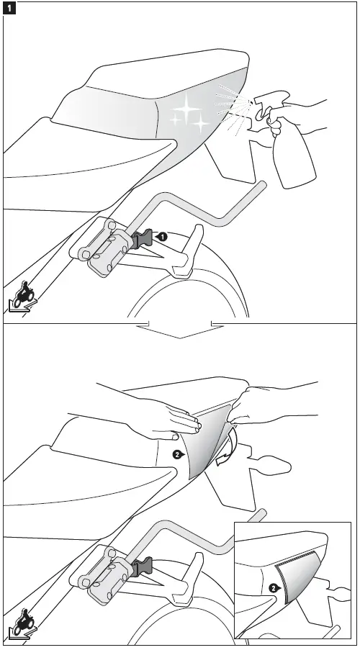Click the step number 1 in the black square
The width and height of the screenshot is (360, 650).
(x=9, y=9)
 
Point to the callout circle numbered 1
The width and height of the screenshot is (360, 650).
(x=163, y=236)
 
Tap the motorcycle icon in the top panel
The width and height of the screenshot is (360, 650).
(x=24, y=294)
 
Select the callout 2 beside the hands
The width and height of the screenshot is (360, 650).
(x=177, y=454)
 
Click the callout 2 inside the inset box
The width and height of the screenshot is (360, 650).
(x=273, y=588)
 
